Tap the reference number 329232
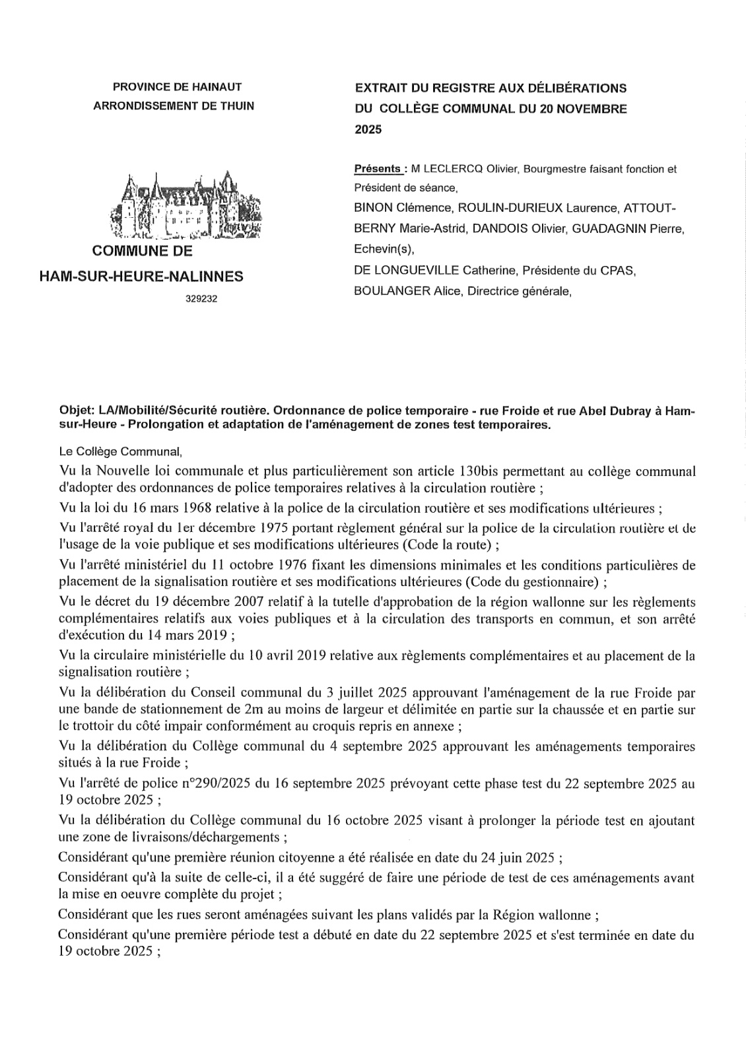[x=201, y=298]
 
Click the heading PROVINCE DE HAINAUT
[x=178, y=86]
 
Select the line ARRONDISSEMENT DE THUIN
[x=174, y=106]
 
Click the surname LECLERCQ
[x=452, y=169]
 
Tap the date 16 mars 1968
[x=176, y=508]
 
